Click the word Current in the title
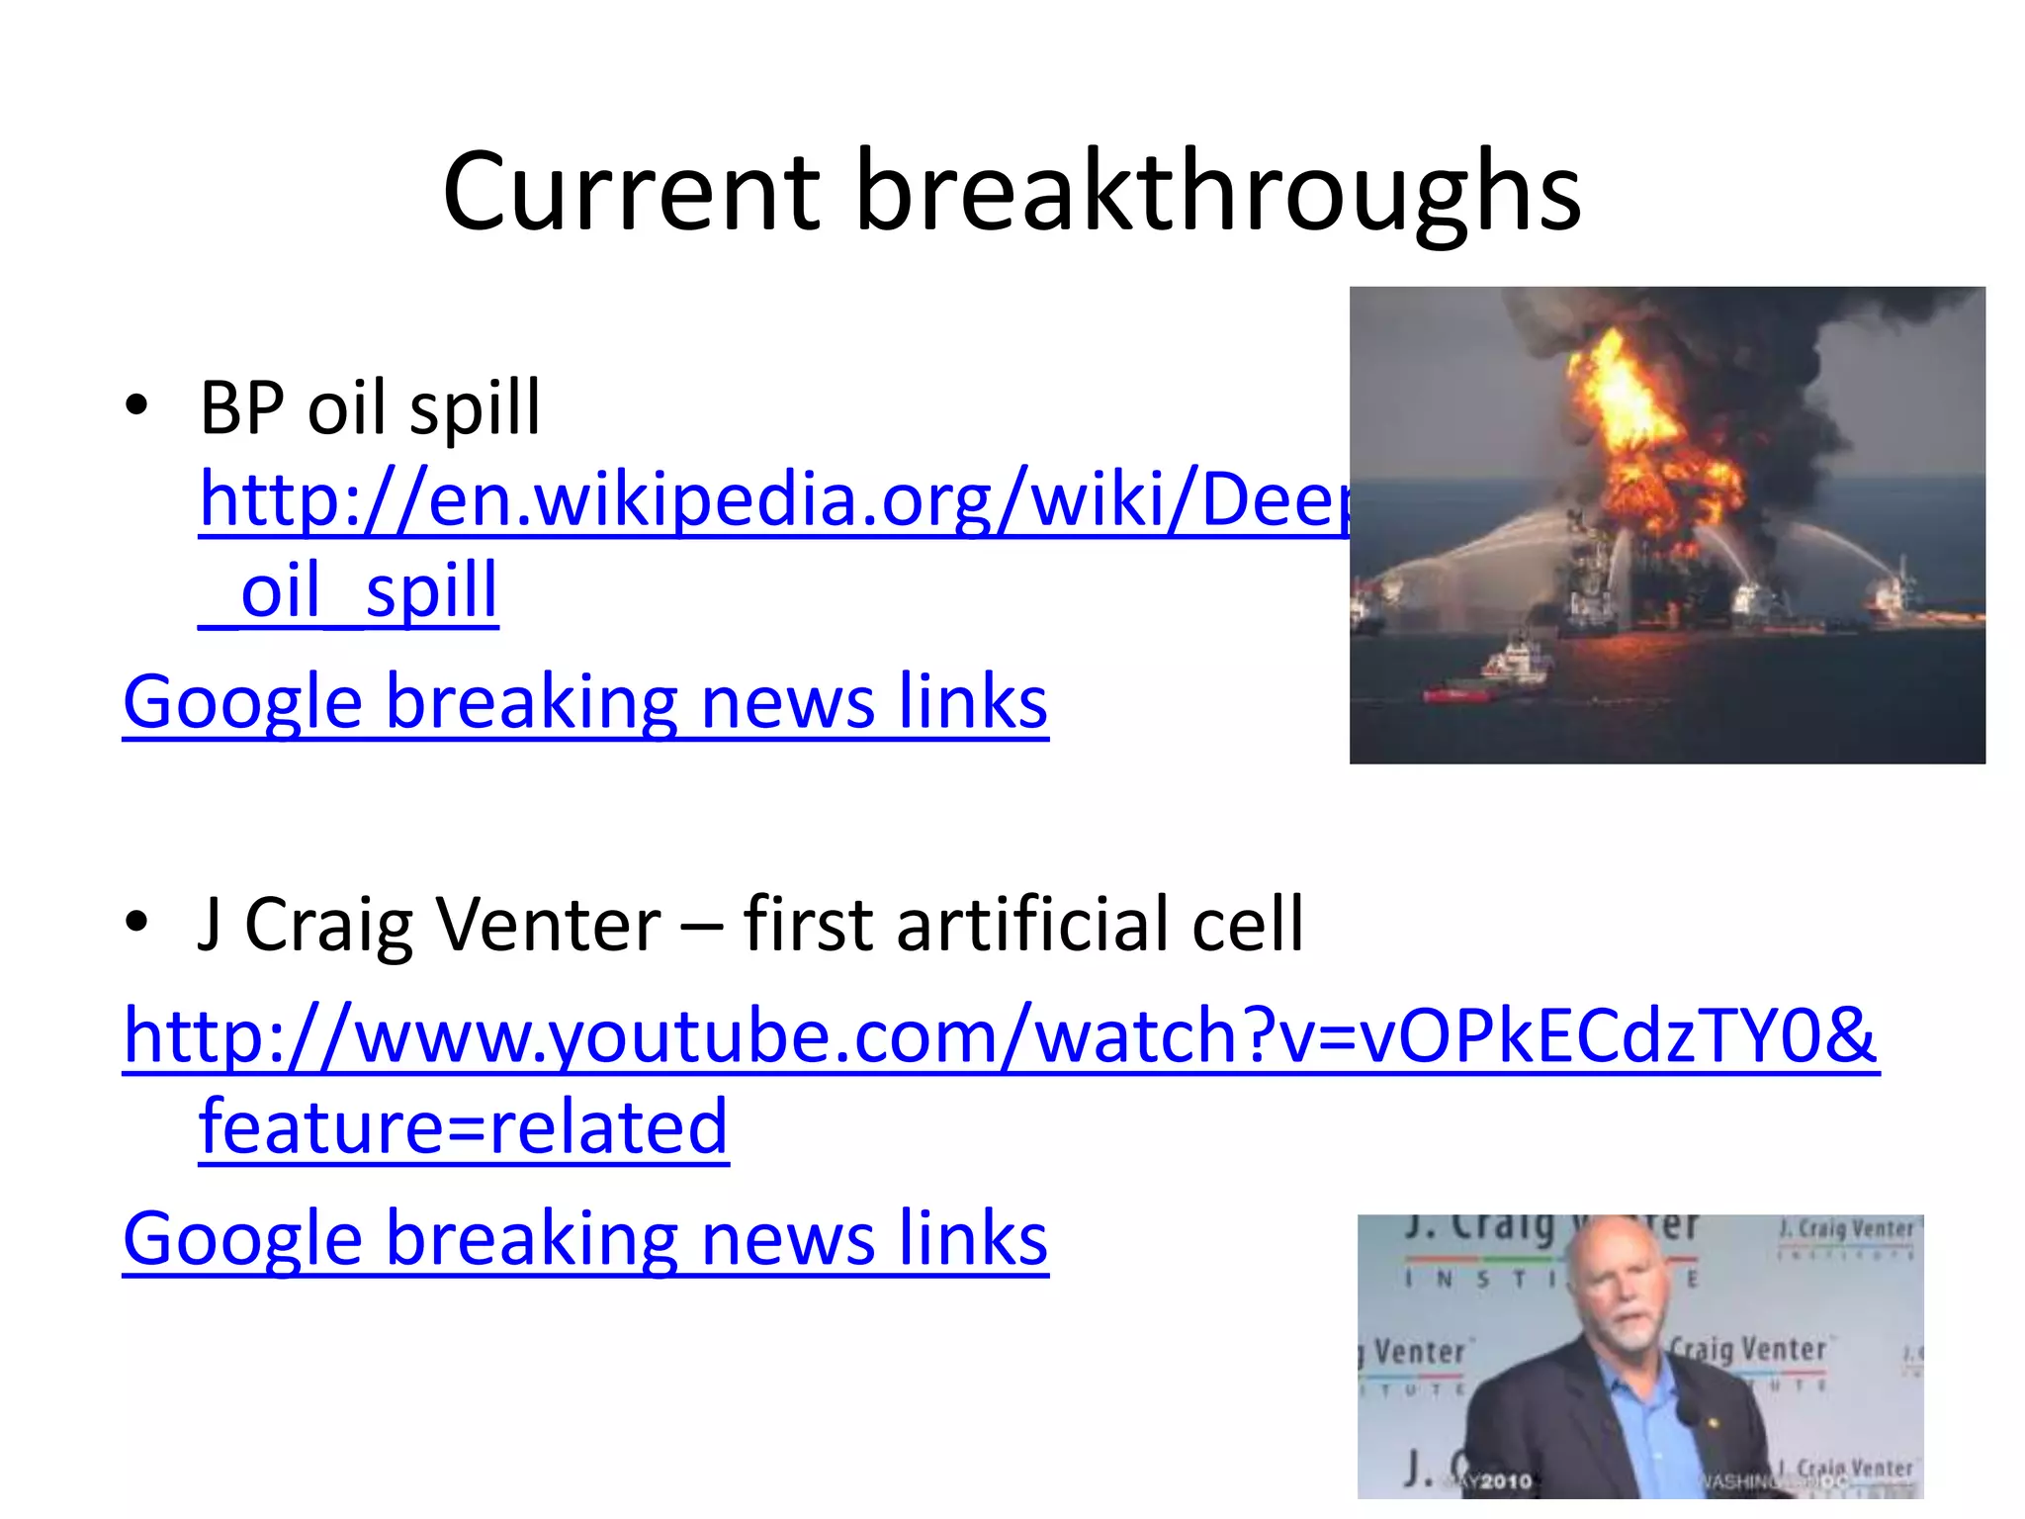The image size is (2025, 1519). click(631, 193)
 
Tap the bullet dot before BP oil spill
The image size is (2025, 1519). click(137, 405)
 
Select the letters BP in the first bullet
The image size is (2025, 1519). click(241, 407)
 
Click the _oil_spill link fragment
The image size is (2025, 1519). click(348, 590)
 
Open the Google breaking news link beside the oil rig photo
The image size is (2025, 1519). click(584, 702)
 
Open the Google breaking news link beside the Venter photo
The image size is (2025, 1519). click(584, 1239)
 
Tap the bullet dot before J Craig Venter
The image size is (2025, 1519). click(137, 923)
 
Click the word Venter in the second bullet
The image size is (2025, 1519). click(548, 925)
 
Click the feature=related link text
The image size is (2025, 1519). click(463, 1127)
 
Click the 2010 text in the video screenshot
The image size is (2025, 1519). click(1505, 1480)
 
